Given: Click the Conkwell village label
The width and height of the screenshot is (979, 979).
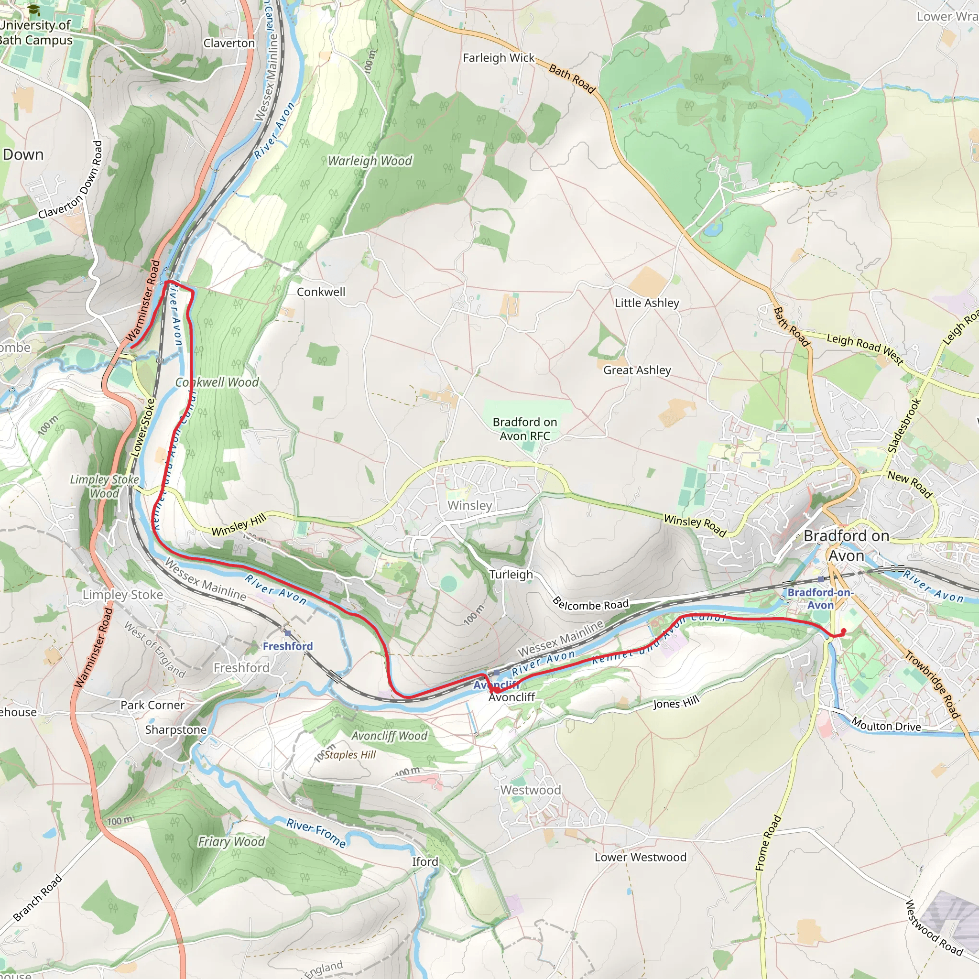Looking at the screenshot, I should click(321, 292).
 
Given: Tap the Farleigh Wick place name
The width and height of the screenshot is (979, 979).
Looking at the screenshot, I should click(499, 58).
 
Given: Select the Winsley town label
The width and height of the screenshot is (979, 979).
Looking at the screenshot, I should click(469, 505).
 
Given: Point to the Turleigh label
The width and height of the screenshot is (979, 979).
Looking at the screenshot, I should click(511, 574).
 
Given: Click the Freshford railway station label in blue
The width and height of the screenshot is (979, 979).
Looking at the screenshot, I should click(287, 646).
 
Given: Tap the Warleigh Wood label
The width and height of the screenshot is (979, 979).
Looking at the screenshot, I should click(370, 161).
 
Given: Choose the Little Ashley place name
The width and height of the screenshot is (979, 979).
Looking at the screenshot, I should click(647, 303).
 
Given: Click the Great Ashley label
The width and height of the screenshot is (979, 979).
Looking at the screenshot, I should click(636, 370).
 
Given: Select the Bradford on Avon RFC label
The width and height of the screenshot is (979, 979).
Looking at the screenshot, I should click(524, 429).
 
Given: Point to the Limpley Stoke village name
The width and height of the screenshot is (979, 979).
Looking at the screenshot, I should click(123, 594).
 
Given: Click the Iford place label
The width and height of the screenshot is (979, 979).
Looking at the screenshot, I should click(424, 861).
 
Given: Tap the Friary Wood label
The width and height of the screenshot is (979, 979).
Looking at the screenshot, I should click(231, 842).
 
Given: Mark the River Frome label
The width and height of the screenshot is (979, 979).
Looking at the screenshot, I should click(316, 833).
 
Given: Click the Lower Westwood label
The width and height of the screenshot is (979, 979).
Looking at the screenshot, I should click(640, 857).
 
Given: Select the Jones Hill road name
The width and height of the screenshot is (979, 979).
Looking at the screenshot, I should click(676, 703).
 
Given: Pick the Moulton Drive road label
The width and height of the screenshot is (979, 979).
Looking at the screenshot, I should click(886, 725).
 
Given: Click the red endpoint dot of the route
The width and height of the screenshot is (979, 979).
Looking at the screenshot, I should click(844, 631).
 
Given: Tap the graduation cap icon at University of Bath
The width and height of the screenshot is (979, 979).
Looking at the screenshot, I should click(33, 10).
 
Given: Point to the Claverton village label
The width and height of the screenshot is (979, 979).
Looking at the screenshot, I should click(229, 43).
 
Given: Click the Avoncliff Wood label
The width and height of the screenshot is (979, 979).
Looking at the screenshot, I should click(389, 736).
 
